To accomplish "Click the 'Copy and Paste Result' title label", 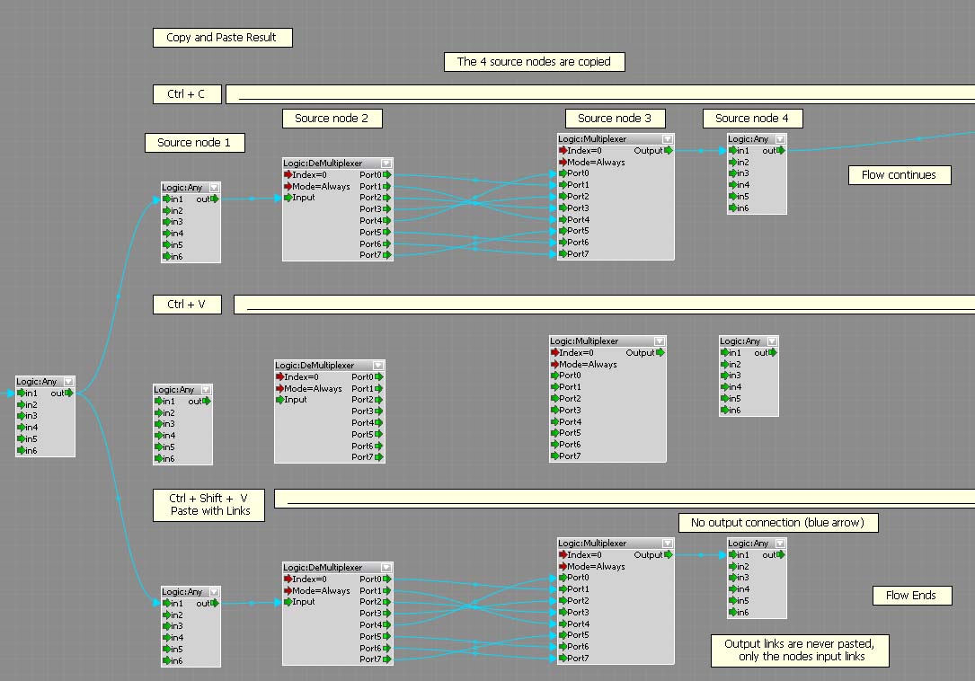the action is pos(223,38).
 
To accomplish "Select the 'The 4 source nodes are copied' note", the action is pos(534,62).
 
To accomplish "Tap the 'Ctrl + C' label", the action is pos(187,94).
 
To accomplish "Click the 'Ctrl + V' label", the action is pos(187,305).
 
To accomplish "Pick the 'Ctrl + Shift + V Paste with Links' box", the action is pos(208,505).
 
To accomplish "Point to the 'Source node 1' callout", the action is pos(195,143).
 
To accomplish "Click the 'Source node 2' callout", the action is pos(332,119).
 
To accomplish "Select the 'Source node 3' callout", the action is pos(615,119).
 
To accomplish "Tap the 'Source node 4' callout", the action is pos(752,119).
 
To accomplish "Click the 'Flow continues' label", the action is pos(900,175).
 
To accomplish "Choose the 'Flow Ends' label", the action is pos(911,595).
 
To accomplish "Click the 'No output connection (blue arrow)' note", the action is pos(778,522).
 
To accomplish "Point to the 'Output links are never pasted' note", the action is pos(800,650).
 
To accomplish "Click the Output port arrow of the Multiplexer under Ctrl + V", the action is pos(660,352).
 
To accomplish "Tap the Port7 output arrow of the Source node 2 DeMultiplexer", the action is pos(387,255).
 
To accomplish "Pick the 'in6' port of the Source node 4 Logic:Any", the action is pos(739,208).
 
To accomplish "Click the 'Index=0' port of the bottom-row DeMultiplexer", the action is pos(306,579).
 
